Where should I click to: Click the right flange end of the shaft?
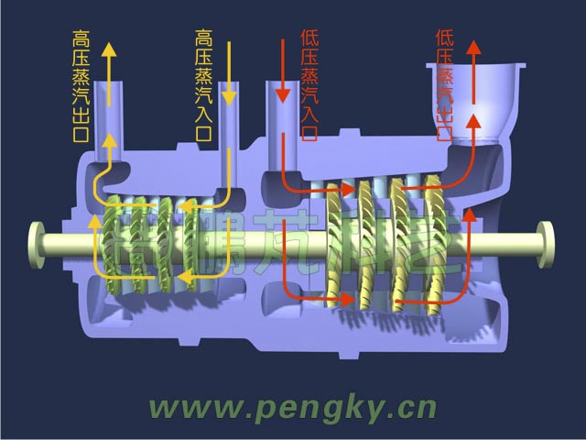(548, 242)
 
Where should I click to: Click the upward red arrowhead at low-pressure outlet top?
(473, 48)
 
